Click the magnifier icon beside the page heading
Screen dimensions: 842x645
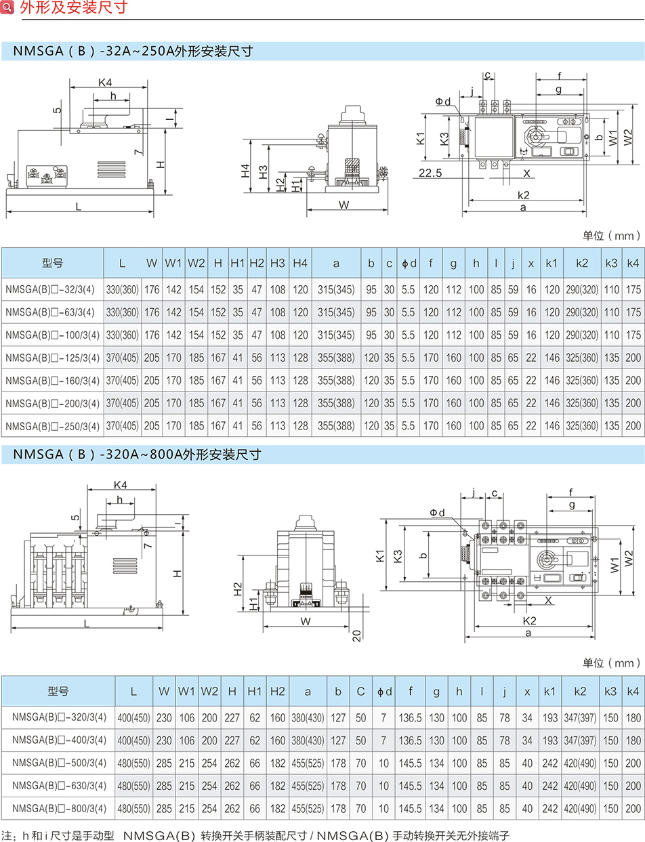8,9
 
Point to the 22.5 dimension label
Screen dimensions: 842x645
430,173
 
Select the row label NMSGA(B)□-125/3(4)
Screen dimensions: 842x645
52,358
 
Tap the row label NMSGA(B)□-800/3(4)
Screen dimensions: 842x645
58,809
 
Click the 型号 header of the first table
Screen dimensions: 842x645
52,262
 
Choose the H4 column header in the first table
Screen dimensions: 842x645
300,262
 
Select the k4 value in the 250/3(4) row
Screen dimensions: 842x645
633,426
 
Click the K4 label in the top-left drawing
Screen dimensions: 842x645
105,83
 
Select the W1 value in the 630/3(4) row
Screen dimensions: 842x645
186,786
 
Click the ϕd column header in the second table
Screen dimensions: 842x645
384,692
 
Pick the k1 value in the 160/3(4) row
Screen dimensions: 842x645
552,381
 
